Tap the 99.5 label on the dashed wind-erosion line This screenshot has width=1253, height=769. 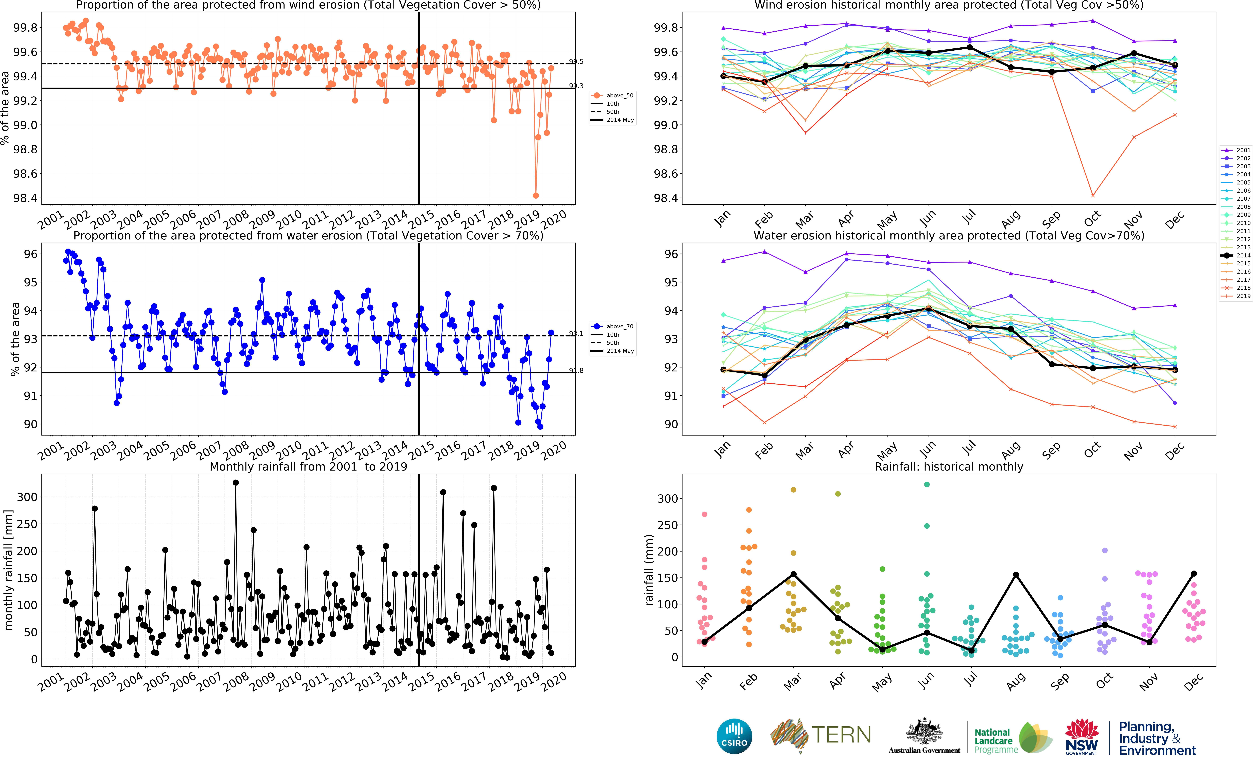coord(576,62)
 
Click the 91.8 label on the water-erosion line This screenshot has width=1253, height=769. coord(576,370)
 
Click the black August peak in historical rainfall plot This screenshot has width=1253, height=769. coord(1016,575)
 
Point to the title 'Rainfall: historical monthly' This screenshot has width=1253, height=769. coord(949,466)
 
